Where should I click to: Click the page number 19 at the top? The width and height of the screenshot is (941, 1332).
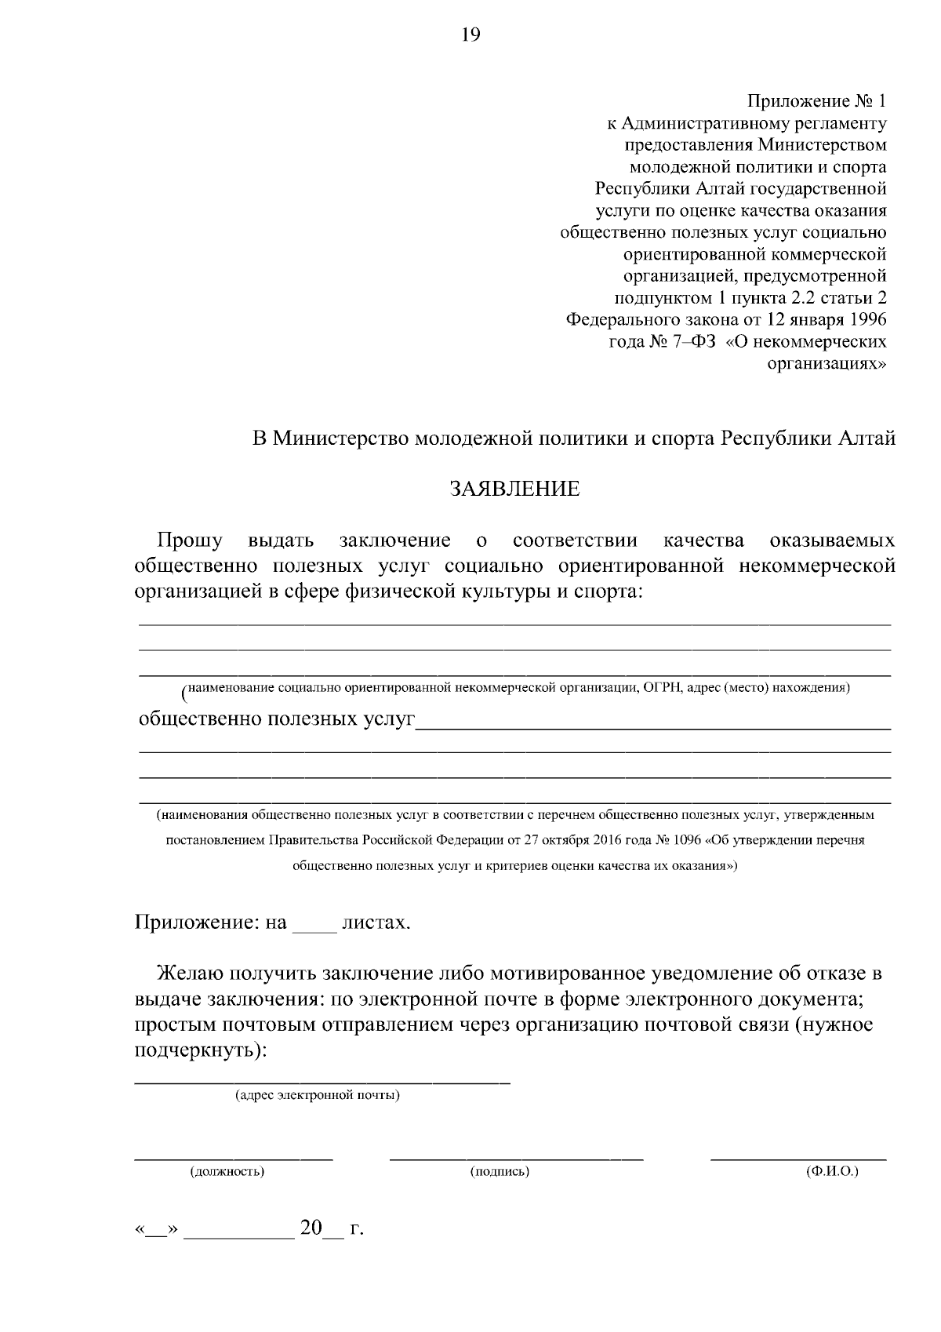(470, 35)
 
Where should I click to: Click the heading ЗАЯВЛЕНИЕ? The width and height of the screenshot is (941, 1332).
(514, 489)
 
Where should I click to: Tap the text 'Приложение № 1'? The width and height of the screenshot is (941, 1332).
(816, 101)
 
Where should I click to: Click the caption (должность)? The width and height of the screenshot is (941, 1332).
(227, 1172)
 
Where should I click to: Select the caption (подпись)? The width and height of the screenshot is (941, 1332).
(500, 1172)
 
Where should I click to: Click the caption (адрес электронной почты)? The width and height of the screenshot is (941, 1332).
(318, 1095)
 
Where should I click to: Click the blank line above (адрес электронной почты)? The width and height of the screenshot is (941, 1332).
(322, 1082)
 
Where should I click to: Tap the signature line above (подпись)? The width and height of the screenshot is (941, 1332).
(516, 1158)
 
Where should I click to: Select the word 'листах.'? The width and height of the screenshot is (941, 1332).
(376, 923)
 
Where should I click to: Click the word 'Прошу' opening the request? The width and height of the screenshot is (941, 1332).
(190, 540)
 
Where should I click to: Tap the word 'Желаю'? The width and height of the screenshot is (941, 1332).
(191, 974)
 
